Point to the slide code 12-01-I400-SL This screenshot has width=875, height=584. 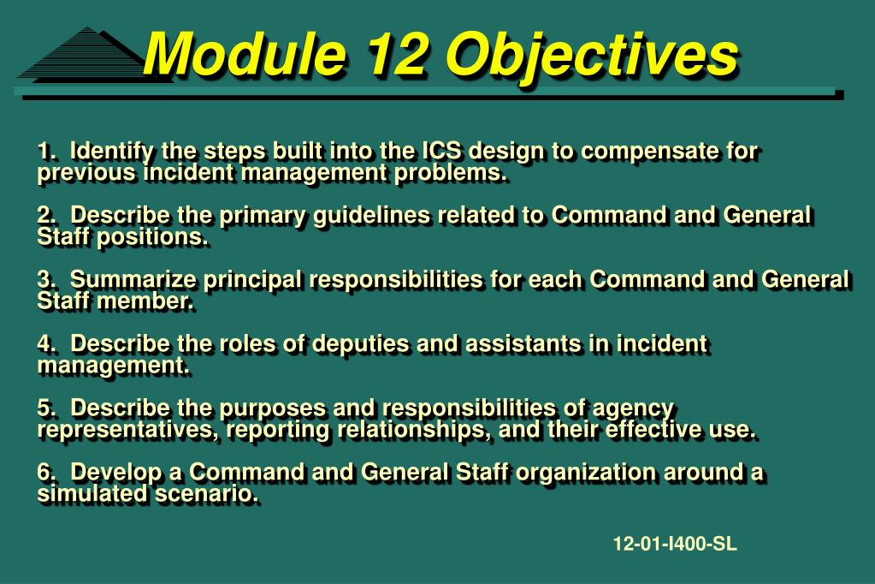tap(675, 543)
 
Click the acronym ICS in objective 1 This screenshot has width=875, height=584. tap(441, 151)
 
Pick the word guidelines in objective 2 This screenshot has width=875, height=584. tap(372, 217)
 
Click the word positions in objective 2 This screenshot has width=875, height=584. tap(152, 238)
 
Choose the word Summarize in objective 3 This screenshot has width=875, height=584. tap(133, 279)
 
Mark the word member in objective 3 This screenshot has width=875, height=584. tap(145, 301)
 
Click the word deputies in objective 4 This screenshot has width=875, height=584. tap(360, 345)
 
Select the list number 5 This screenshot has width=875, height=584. tap(46, 408)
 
